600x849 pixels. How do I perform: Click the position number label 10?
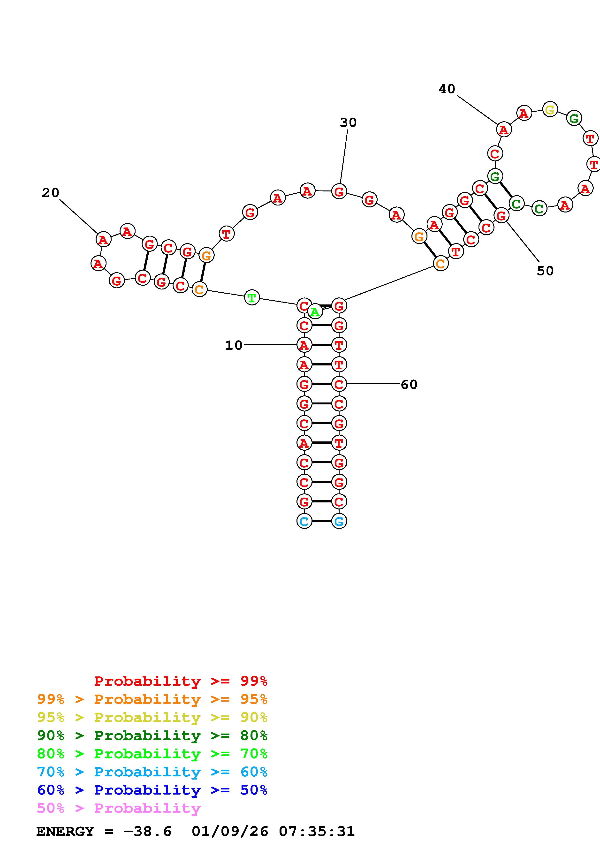click(x=234, y=345)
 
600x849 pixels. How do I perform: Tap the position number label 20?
click(x=51, y=193)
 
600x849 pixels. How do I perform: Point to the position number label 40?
click(x=447, y=89)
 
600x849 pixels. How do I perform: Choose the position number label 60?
click(x=409, y=385)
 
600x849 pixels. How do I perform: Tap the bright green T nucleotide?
click(x=252, y=298)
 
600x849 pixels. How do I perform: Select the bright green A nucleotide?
click(x=315, y=312)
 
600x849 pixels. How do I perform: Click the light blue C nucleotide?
click(x=304, y=521)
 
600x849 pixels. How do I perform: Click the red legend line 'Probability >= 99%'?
click(x=181, y=681)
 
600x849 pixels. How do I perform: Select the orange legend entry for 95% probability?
click(x=152, y=699)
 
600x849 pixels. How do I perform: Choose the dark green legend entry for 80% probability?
click(x=152, y=735)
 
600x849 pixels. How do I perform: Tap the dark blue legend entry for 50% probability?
click(x=152, y=790)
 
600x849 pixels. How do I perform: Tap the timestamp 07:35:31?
click(x=317, y=832)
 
